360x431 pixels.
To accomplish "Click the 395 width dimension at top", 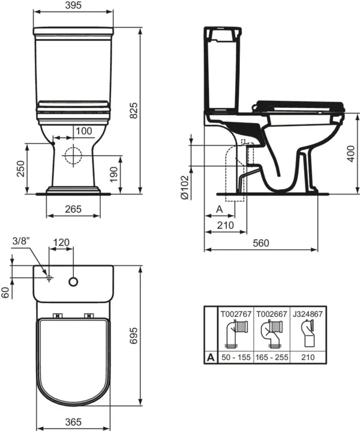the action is coord(73,5).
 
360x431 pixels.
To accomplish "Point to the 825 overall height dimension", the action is coord(134,110).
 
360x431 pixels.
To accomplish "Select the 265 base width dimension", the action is coord(73,209).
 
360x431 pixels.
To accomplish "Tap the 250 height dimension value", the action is coord(21,169).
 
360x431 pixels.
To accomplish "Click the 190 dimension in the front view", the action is coord(113,174).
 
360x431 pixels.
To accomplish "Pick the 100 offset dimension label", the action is coord(83,131).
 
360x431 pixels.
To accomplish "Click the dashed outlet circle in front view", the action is coord(73,155).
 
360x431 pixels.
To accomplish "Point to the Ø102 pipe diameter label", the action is coord(184,187).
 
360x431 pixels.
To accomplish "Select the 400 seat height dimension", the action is coord(350,154).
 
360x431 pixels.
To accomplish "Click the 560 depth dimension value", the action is coord(261,243).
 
